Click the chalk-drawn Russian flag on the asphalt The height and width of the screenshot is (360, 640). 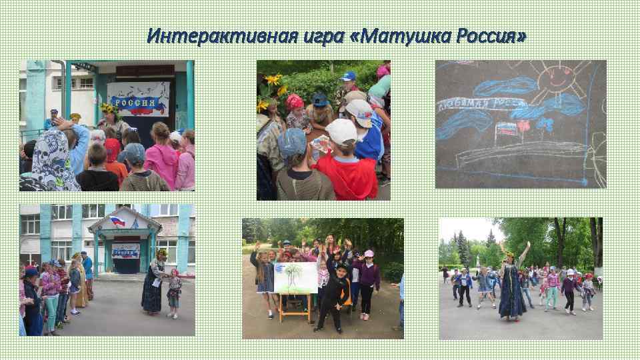point(509,129)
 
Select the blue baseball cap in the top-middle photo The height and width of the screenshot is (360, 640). point(347,76)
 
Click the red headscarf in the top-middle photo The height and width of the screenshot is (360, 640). point(295,101)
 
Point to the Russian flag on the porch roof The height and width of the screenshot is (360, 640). point(118,221)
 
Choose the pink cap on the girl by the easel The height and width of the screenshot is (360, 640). point(369,253)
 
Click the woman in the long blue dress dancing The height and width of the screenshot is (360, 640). point(513,287)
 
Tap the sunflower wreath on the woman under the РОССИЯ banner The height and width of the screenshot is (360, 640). point(107,107)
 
